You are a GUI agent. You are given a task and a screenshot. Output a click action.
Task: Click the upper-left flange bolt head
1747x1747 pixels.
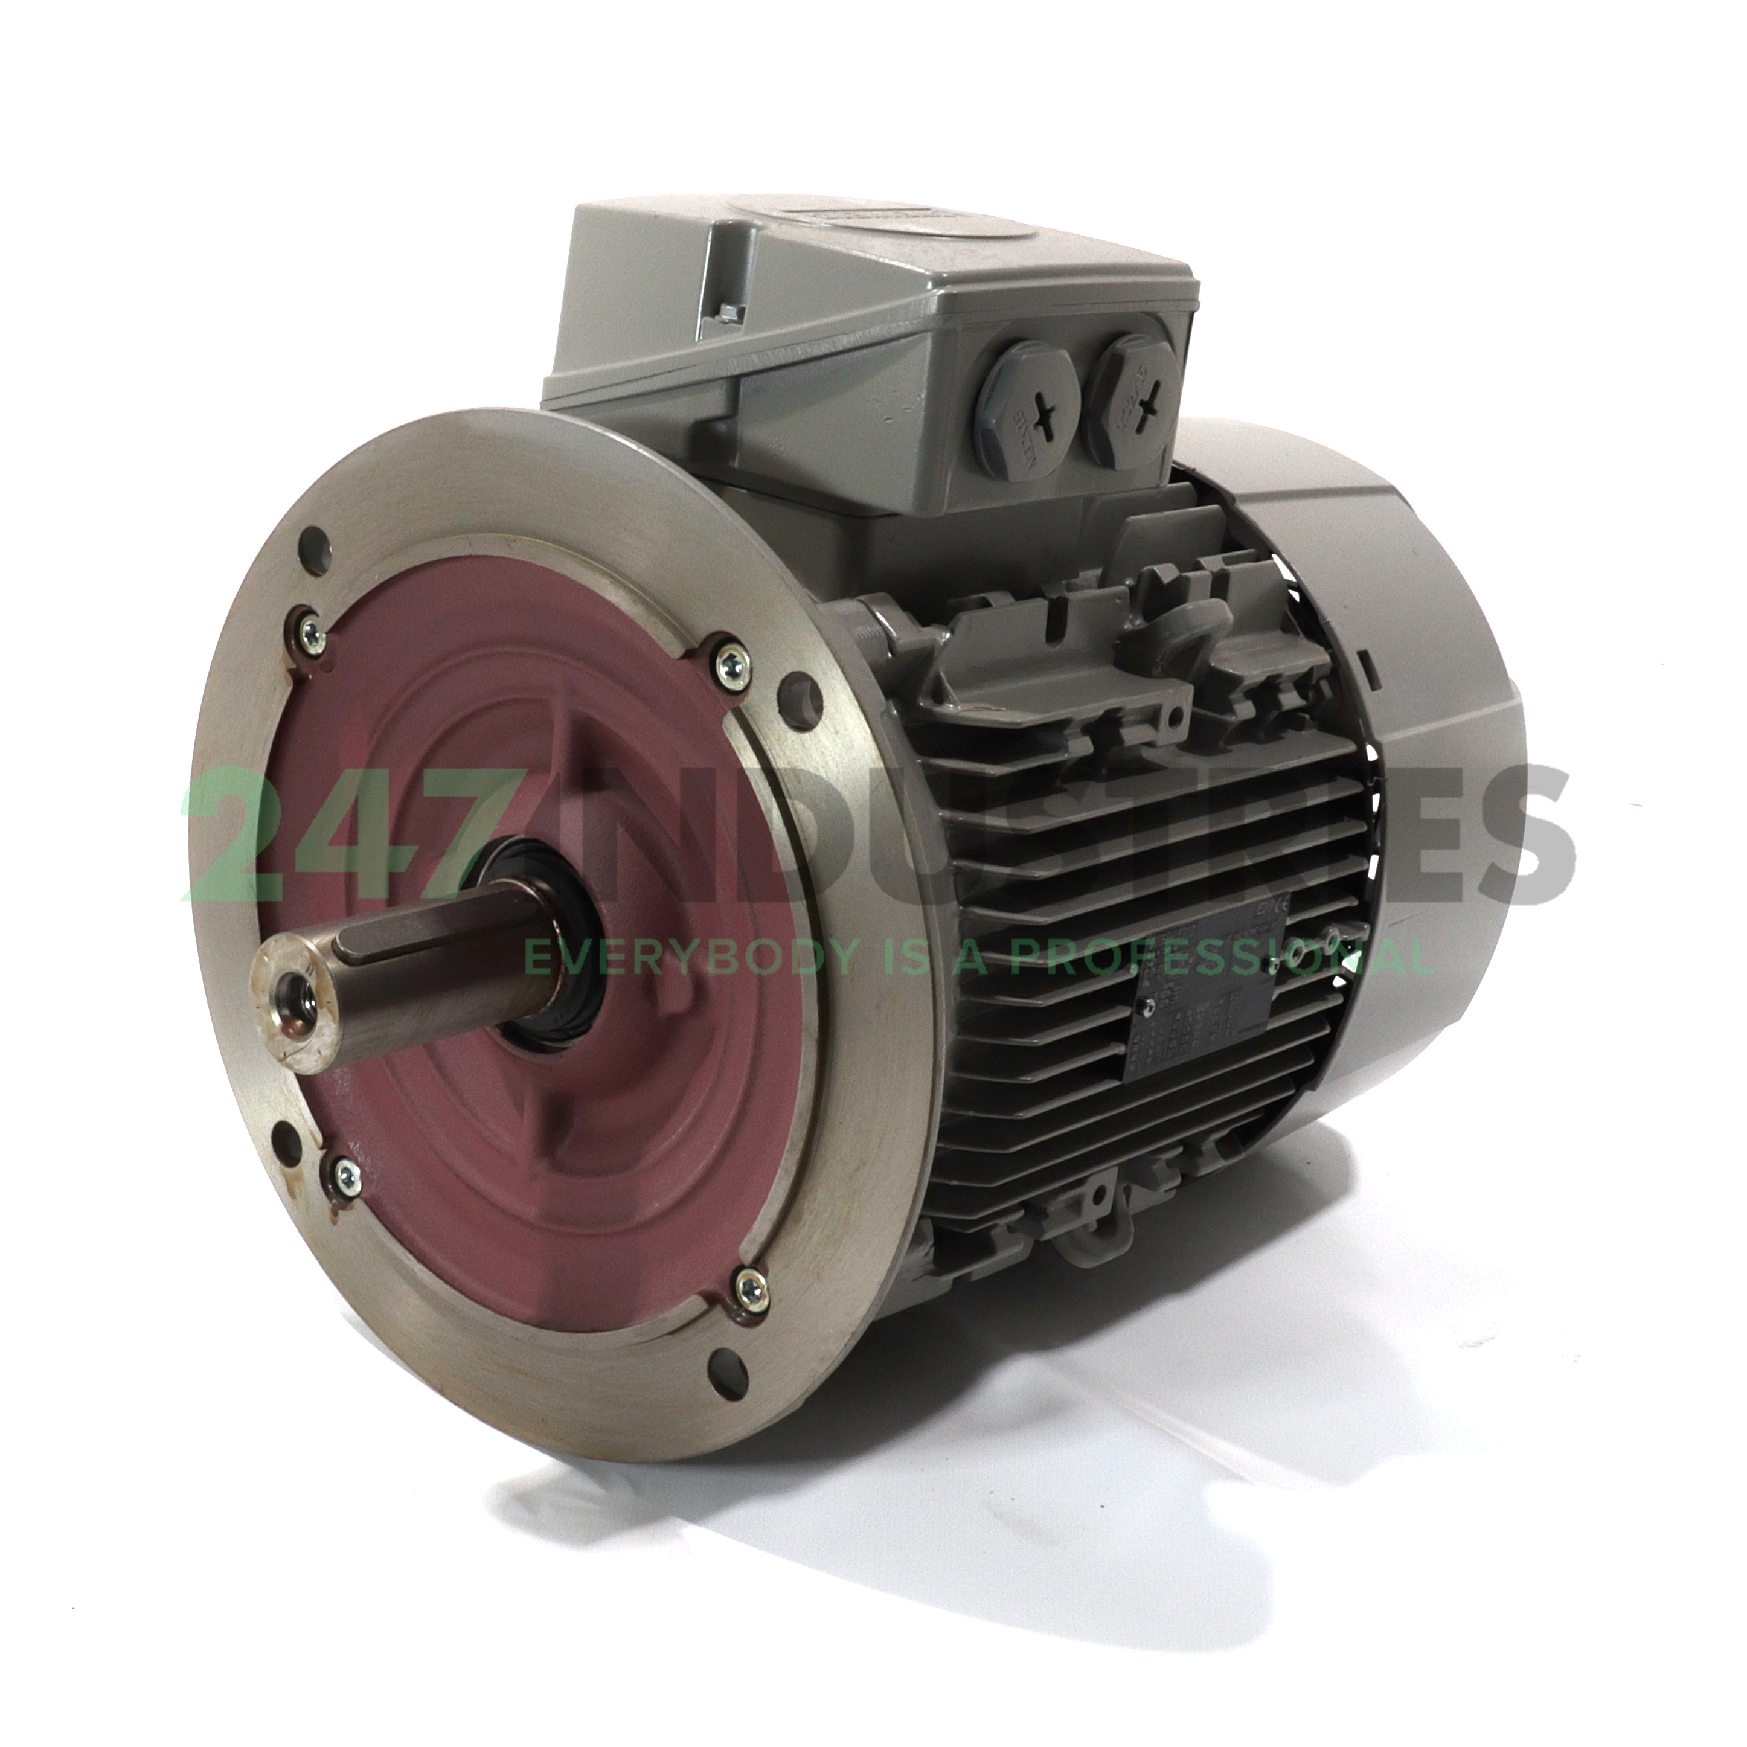click(309, 624)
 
